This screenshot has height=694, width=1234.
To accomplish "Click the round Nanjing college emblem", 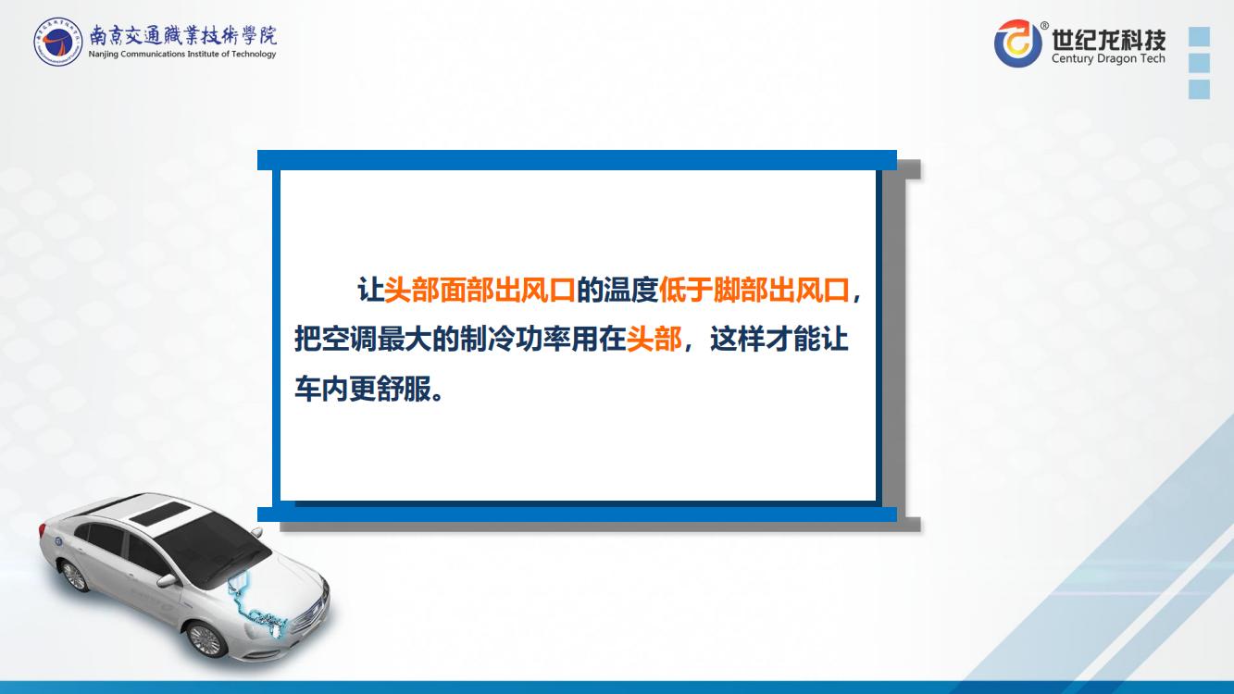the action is (57, 42).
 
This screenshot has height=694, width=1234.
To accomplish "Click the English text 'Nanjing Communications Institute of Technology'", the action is (182, 54).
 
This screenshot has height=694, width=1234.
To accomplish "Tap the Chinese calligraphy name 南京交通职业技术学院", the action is (183, 35).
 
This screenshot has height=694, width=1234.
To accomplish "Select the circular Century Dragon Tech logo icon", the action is (1017, 43).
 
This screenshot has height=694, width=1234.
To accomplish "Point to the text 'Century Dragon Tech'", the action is (1108, 58).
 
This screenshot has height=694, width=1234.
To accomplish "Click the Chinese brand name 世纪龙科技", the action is (1109, 39).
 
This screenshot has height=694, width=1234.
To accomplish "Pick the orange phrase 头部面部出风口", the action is (480, 290).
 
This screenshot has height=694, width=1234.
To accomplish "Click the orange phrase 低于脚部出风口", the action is (754, 290).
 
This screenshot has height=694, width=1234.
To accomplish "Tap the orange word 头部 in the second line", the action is (654, 339).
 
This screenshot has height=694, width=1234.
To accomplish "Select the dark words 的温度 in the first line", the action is (617, 290).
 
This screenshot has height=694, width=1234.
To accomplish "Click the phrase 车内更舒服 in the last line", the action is (363, 389).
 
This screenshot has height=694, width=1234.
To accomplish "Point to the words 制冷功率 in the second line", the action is (515, 339).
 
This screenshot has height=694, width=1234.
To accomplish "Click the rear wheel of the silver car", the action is (74, 576).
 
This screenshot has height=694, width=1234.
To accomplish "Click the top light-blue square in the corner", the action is (1199, 37).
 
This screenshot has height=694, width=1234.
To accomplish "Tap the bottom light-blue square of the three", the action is (1199, 89).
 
